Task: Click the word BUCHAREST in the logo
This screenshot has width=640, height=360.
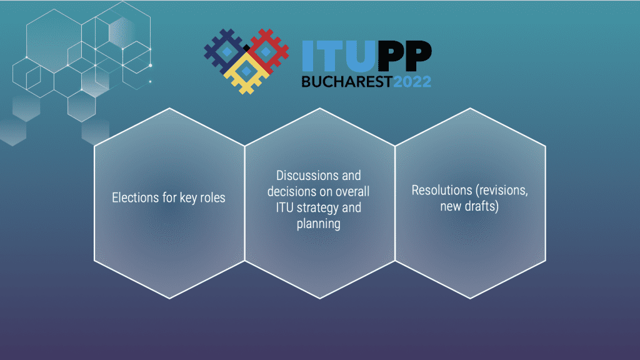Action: pos(347,82)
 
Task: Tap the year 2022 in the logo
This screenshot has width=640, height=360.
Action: pos(412,82)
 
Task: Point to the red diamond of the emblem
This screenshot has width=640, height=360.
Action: pos(266,51)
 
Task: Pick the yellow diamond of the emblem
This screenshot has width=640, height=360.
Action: pos(246,72)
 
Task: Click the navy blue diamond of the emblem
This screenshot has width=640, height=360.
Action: pos(226,51)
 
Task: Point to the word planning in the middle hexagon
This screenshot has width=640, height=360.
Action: pos(318,224)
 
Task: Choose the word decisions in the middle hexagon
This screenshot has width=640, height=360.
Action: pos(291,191)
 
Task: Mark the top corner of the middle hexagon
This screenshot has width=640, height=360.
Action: pos(319,108)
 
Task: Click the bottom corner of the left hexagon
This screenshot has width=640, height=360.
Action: pos(169,298)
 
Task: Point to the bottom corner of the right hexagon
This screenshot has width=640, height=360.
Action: pos(470,298)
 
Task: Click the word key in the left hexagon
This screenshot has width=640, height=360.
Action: pos(188,198)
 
